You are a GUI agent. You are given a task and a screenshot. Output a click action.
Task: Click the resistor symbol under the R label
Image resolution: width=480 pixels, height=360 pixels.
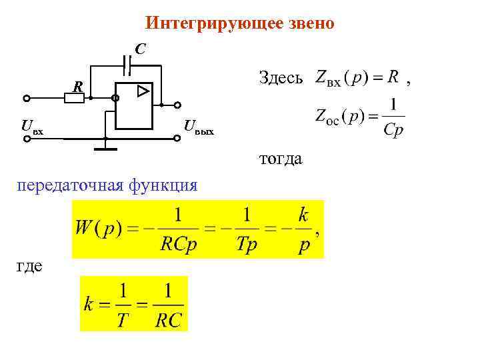tap(74, 99)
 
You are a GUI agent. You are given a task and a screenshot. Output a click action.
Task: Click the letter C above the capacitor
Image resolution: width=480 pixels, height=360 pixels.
tap(141, 49)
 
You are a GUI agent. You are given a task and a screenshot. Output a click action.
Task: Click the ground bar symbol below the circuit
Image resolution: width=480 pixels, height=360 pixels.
tap(105, 148)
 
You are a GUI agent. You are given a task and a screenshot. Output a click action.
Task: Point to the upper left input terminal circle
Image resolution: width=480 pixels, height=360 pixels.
tap(26, 99)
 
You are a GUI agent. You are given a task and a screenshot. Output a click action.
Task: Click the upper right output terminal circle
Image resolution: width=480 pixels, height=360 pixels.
tap(178, 105)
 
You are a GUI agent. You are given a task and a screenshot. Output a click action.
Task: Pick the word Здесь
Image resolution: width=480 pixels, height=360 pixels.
tap(281, 78)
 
